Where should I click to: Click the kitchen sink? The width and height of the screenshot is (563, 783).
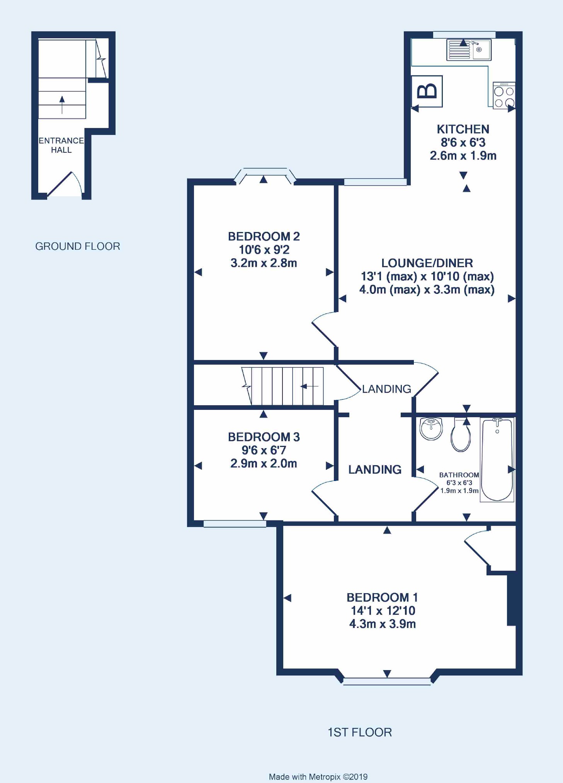click(x=469, y=49)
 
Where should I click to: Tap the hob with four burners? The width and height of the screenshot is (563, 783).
click(x=504, y=95)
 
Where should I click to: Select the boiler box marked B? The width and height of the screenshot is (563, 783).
click(x=427, y=91)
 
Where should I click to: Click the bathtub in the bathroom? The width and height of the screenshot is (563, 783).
click(x=497, y=460)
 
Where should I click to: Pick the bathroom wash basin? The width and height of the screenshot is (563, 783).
click(x=431, y=428)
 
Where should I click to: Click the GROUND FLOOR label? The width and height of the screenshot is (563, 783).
click(x=78, y=246)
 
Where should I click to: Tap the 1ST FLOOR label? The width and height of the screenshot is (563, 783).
click(x=360, y=732)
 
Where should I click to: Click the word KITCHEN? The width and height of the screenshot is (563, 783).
click(x=463, y=129)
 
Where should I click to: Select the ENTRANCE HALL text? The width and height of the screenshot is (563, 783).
click(x=61, y=145)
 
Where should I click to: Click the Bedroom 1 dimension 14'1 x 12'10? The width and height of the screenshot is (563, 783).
click(x=383, y=611)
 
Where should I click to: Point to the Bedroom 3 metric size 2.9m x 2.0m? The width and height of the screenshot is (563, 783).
click(x=264, y=463)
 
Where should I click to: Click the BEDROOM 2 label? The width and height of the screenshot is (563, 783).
click(x=264, y=236)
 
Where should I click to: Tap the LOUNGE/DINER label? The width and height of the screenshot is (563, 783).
click(x=427, y=263)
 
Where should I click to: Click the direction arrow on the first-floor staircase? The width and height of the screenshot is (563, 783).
click(x=309, y=386)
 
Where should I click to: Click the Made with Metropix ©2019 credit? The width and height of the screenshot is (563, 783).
click(x=318, y=776)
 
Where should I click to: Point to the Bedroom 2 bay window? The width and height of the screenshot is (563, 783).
click(x=265, y=175)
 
